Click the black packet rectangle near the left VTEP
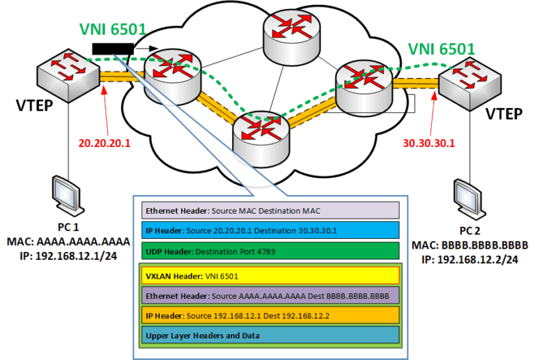[x=112, y=48]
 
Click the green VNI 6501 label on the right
[x=441, y=49]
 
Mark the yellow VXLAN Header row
[x=272, y=275]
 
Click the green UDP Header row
[x=271, y=249]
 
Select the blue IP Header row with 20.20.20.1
[x=271, y=230]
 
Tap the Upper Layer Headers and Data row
[x=272, y=335]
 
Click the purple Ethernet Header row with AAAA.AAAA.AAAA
[x=272, y=295]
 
